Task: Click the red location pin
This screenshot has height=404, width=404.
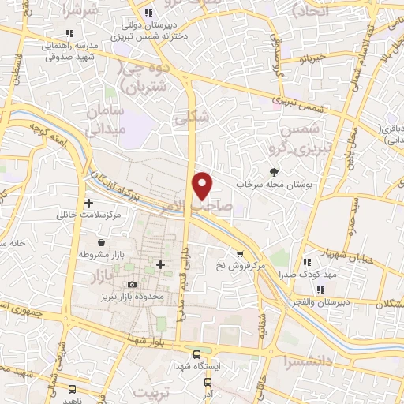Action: coord(204,185)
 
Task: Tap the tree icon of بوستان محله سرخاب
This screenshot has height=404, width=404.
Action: coord(274,171)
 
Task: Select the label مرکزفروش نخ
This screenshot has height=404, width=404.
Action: coord(239,267)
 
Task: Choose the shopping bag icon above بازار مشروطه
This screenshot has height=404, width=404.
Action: coord(102,242)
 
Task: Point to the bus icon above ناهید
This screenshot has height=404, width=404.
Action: coord(73,388)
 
